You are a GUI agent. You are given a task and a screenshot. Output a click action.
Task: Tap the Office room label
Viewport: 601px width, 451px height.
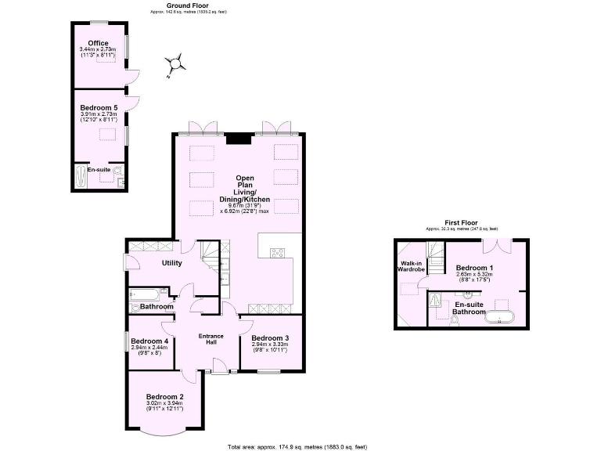(x=98, y=43)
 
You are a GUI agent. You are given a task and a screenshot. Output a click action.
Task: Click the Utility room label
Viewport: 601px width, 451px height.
(x=171, y=263)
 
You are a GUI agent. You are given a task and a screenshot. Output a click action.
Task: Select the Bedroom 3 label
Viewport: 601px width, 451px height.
(x=270, y=338)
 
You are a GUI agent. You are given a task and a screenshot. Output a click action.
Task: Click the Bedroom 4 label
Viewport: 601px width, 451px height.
(x=149, y=341)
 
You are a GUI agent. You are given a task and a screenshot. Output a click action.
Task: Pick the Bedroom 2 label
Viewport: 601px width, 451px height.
(x=165, y=396)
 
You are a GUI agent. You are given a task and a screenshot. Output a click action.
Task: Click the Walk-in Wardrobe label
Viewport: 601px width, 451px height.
(x=412, y=266)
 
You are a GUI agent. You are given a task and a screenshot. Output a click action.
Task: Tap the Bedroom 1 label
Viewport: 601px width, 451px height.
(x=474, y=268)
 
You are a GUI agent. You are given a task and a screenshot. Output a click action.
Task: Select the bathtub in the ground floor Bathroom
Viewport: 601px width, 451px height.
(x=146, y=296)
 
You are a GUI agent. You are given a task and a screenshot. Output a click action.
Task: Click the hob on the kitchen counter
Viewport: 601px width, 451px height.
(x=278, y=252)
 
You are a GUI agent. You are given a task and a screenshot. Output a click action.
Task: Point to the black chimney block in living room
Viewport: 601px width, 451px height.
(x=239, y=139)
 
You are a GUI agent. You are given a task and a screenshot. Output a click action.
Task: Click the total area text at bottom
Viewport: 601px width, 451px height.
(x=297, y=446)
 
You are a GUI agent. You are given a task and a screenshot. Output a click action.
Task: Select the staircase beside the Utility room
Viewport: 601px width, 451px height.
(x=212, y=254)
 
